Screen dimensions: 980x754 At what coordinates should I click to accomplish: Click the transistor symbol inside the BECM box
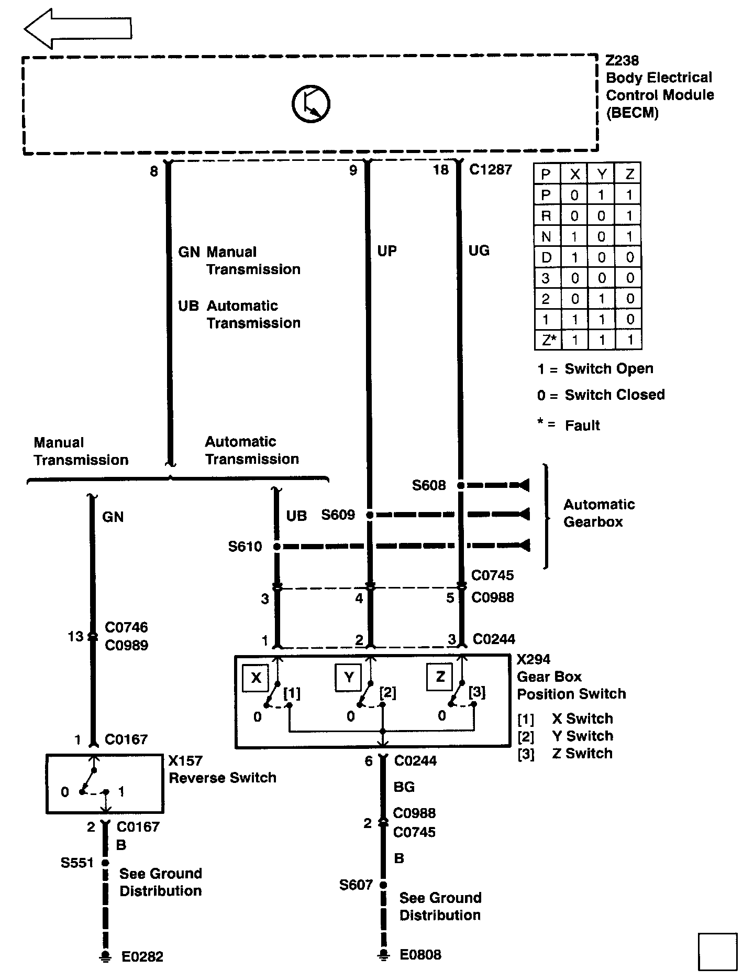[x=311, y=104]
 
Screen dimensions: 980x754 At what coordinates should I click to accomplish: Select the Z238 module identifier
[x=622, y=61]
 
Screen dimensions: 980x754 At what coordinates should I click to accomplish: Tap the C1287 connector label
[x=490, y=169]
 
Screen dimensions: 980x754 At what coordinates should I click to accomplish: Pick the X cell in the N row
[x=574, y=236]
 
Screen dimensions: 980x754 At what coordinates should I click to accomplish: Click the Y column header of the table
[x=601, y=174]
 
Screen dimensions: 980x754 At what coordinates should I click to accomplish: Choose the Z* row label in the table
[x=548, y=340]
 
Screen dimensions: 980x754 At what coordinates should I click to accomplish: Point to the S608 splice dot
[x=460, y=486]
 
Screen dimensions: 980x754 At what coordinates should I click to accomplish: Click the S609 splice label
[x=338, y=515]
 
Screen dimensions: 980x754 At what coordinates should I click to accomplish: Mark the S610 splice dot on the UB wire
[x=277, y=547]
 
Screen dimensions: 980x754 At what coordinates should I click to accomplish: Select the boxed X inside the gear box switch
[x=256, y=678]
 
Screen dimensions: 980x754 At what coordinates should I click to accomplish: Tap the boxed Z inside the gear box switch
[x=440, y=677]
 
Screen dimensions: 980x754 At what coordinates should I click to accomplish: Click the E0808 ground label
[x=420, y=954]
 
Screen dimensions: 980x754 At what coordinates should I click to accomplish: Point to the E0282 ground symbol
[x=105, y=956]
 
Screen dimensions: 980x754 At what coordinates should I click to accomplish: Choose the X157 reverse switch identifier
[x=185, y=760]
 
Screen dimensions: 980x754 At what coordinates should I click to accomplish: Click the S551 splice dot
[x=105, y=862]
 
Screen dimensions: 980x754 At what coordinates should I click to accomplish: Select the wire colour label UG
[x=479, y=251]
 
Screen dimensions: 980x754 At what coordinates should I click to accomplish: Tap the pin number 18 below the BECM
[x=440, y=170]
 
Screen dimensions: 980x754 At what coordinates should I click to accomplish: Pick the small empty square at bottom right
[x=717, y=951]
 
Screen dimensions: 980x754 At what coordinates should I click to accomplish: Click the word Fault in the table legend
[x=582, y=426]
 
